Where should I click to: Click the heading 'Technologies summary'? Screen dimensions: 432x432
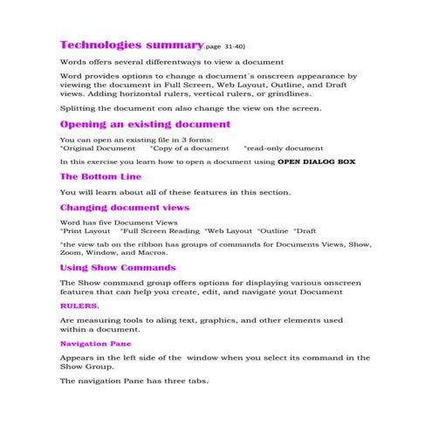tap(119, 45)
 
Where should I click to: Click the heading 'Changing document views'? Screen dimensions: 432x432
tap(124, 208)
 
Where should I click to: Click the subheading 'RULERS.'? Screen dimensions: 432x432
tap(79, 306)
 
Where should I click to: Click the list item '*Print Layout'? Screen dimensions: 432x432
tap(86, 231)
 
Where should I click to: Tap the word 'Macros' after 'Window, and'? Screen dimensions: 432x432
tap(164, 254)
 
